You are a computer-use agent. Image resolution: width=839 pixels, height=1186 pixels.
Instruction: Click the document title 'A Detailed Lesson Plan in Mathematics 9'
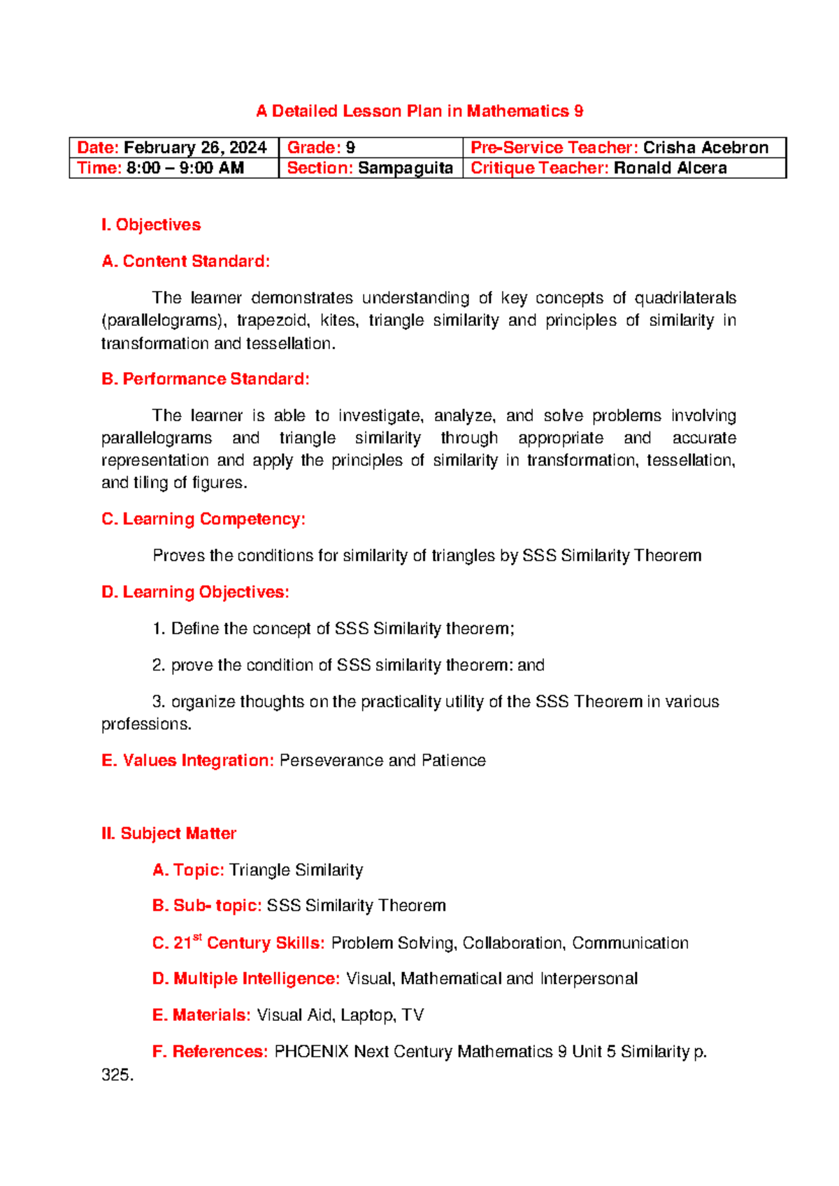point(419,111)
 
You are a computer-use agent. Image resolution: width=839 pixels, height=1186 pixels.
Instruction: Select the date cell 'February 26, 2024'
point(195,148)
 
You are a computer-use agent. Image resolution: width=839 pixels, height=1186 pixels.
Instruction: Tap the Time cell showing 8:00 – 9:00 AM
point(185,168)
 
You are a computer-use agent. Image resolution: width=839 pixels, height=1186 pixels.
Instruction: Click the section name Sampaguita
point(405,168)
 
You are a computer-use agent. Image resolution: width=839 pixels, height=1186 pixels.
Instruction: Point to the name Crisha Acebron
point(705,148)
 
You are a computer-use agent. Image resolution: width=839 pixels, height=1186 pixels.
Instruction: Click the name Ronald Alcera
point(670,168)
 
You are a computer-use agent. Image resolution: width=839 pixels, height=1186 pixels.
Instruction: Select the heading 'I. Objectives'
point(151,224)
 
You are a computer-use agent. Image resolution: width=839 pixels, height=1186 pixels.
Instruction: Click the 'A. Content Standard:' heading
point(185,262)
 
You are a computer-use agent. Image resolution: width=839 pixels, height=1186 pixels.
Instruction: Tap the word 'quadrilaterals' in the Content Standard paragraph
point(684,298)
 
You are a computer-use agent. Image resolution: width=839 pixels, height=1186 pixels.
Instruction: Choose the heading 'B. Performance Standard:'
point(205,379)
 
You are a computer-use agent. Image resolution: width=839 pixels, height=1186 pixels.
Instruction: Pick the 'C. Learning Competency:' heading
point(203,519)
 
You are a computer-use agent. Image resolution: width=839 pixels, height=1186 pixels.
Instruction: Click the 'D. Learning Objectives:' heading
point(195,592)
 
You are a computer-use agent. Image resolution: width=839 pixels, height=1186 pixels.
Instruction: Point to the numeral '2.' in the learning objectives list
point(159,665)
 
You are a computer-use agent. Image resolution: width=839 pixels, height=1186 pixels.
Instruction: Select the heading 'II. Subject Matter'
point(168,834)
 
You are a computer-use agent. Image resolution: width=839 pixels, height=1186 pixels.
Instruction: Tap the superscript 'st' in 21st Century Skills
point(197,937)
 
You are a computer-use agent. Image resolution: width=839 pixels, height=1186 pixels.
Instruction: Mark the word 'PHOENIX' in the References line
point(311,1052)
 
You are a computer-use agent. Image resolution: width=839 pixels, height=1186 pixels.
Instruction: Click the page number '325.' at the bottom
point(117,1075)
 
